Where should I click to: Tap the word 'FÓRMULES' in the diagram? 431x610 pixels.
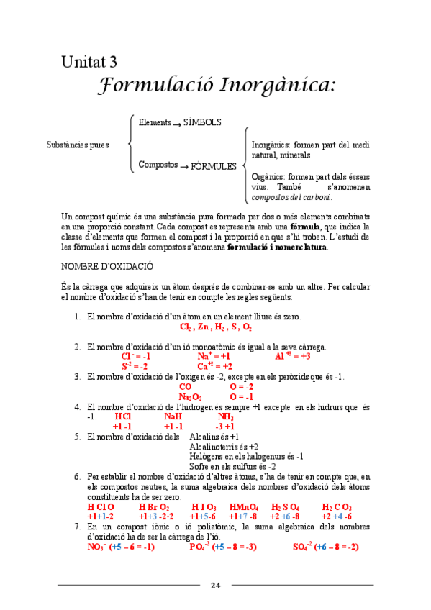click(213, 166)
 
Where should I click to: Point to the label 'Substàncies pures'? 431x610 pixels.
click(78, 145)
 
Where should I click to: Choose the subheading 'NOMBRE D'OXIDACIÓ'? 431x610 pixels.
click(107, 266)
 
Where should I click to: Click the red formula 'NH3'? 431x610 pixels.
click(225, 416)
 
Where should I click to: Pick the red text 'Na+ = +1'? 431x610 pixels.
click(213, 356)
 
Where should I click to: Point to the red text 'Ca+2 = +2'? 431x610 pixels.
click(214, 366)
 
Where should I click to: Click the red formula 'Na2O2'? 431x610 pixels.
click(190, 396)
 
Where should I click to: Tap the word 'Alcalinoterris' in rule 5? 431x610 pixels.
click(212, 446)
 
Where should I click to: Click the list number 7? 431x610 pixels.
click(78, 527)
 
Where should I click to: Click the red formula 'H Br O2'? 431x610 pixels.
click(154, 507)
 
